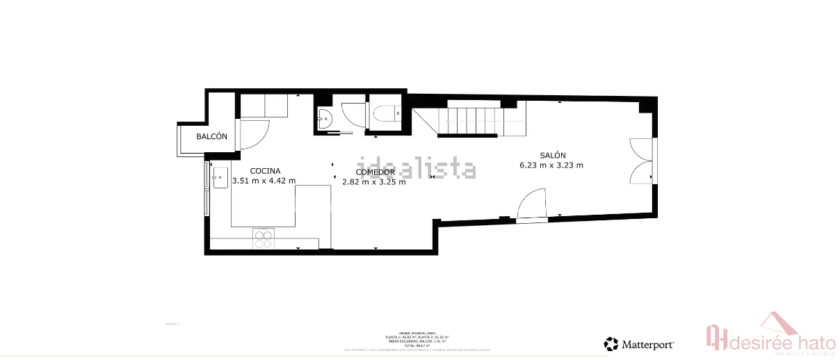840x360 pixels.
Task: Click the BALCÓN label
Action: (211, 137)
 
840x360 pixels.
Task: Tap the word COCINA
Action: (265, 171)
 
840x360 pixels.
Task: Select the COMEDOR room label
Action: (375, 172)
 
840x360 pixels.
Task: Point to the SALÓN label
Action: (552, 156)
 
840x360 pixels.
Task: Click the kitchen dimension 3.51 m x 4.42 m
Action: (264, 181)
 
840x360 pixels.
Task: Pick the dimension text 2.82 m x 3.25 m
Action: (373, 183)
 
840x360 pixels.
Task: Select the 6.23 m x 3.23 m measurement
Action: (551, 165)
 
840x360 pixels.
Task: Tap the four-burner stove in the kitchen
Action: (263, 239)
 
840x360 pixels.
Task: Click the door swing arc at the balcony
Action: (256, 133)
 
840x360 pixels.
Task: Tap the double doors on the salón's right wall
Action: (641, 161)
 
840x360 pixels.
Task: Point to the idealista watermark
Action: (417, 169)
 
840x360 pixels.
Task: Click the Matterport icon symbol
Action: (611, 343)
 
